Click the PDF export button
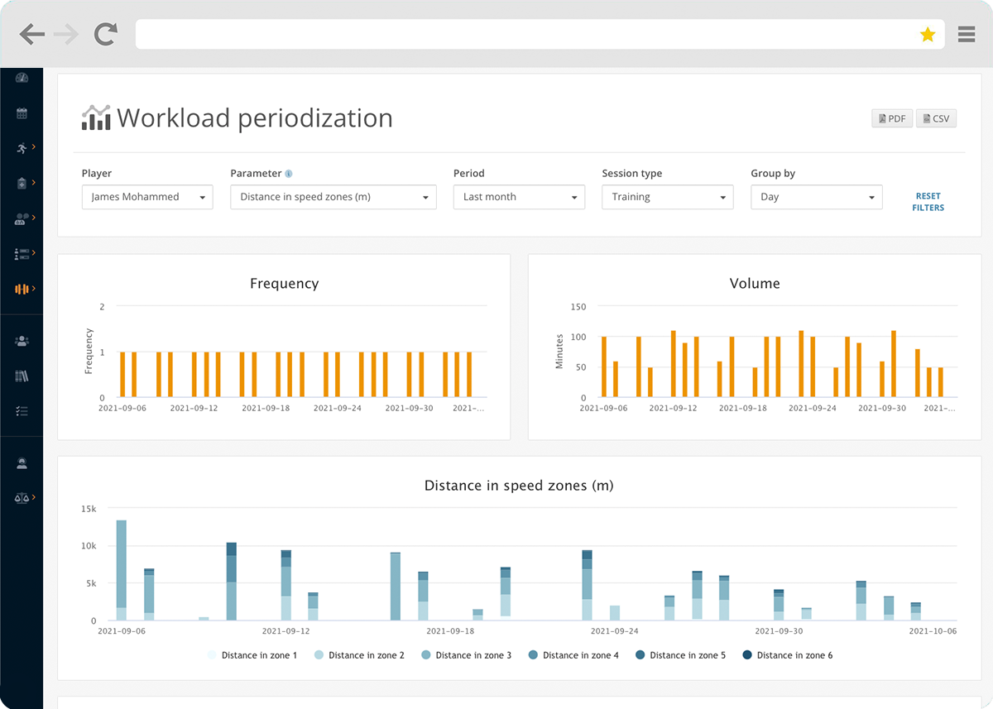coord(891,119)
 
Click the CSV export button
coord(936,119)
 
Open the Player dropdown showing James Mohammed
coord(147,197)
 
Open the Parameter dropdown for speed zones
coord(333,197)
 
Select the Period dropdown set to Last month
coord(519,197)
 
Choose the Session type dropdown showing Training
coord(667,197)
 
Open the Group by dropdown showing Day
coord(816,197)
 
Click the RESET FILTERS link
coord(928,202)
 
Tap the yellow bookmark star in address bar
coord(928,35)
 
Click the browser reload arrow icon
coord(105,34)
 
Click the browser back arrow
coord(32,34)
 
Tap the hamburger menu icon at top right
coord(966,34)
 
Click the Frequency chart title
coord(284,284)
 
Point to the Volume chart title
coord(754,284)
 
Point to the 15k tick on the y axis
coord(88,508)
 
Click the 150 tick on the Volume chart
coord(578,307)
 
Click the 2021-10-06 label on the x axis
coord(933,631)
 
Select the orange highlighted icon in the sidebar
coord(22,289)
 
